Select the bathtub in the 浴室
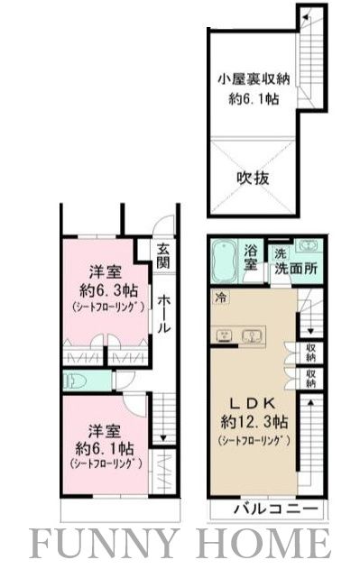[x=226, y=262]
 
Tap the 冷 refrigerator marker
[x=220, y=297]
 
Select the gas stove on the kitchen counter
[x=224, y=336]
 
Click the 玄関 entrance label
[x=162, y=257]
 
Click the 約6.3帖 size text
[x=97, y=290]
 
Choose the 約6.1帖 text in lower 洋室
[x=97, y=448]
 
